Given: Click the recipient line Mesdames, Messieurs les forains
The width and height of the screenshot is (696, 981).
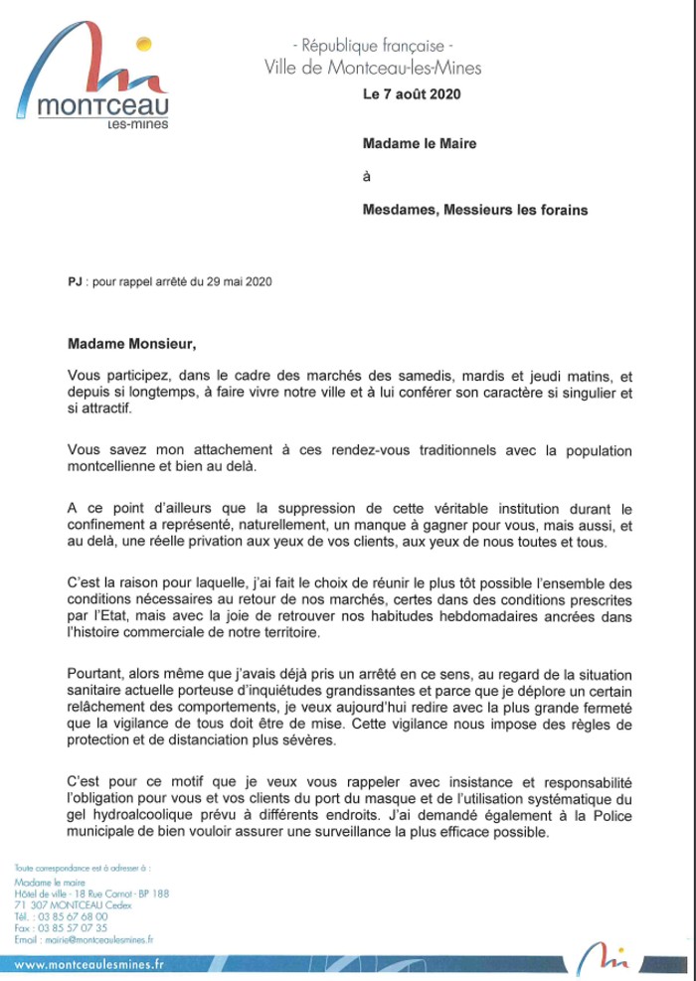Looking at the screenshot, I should point(474,210).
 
